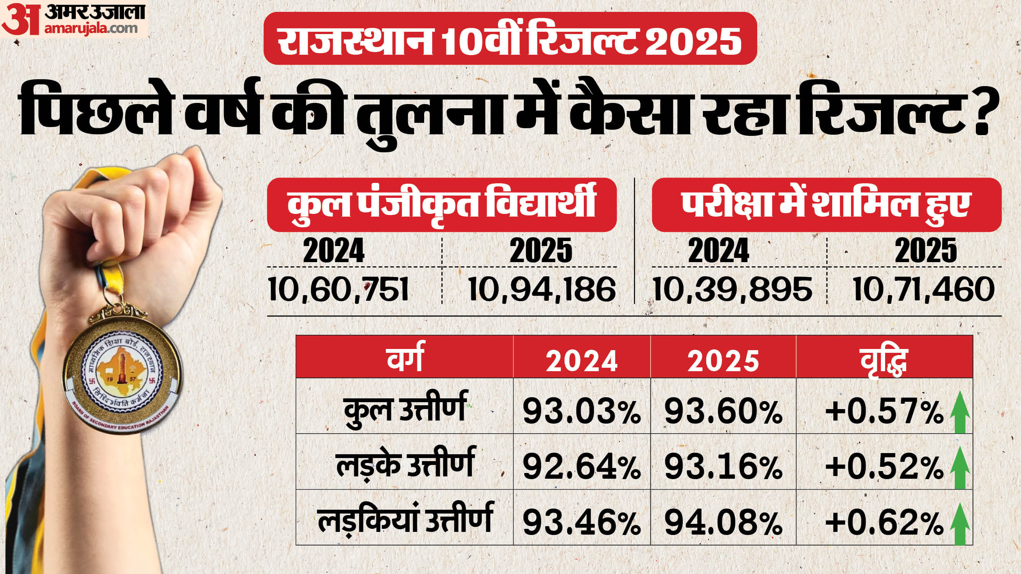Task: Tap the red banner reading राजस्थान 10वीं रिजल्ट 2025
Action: click(x=510, y=38)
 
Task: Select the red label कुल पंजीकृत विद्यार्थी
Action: click(x=441, y=204)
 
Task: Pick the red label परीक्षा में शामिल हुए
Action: click(x=827, y=204)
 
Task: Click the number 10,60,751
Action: click(x=338, y=290)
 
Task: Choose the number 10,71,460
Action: click(x=923, y=290)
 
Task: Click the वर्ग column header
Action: click(x=404, y=360)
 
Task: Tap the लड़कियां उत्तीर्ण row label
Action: click(x=404, y=519)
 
